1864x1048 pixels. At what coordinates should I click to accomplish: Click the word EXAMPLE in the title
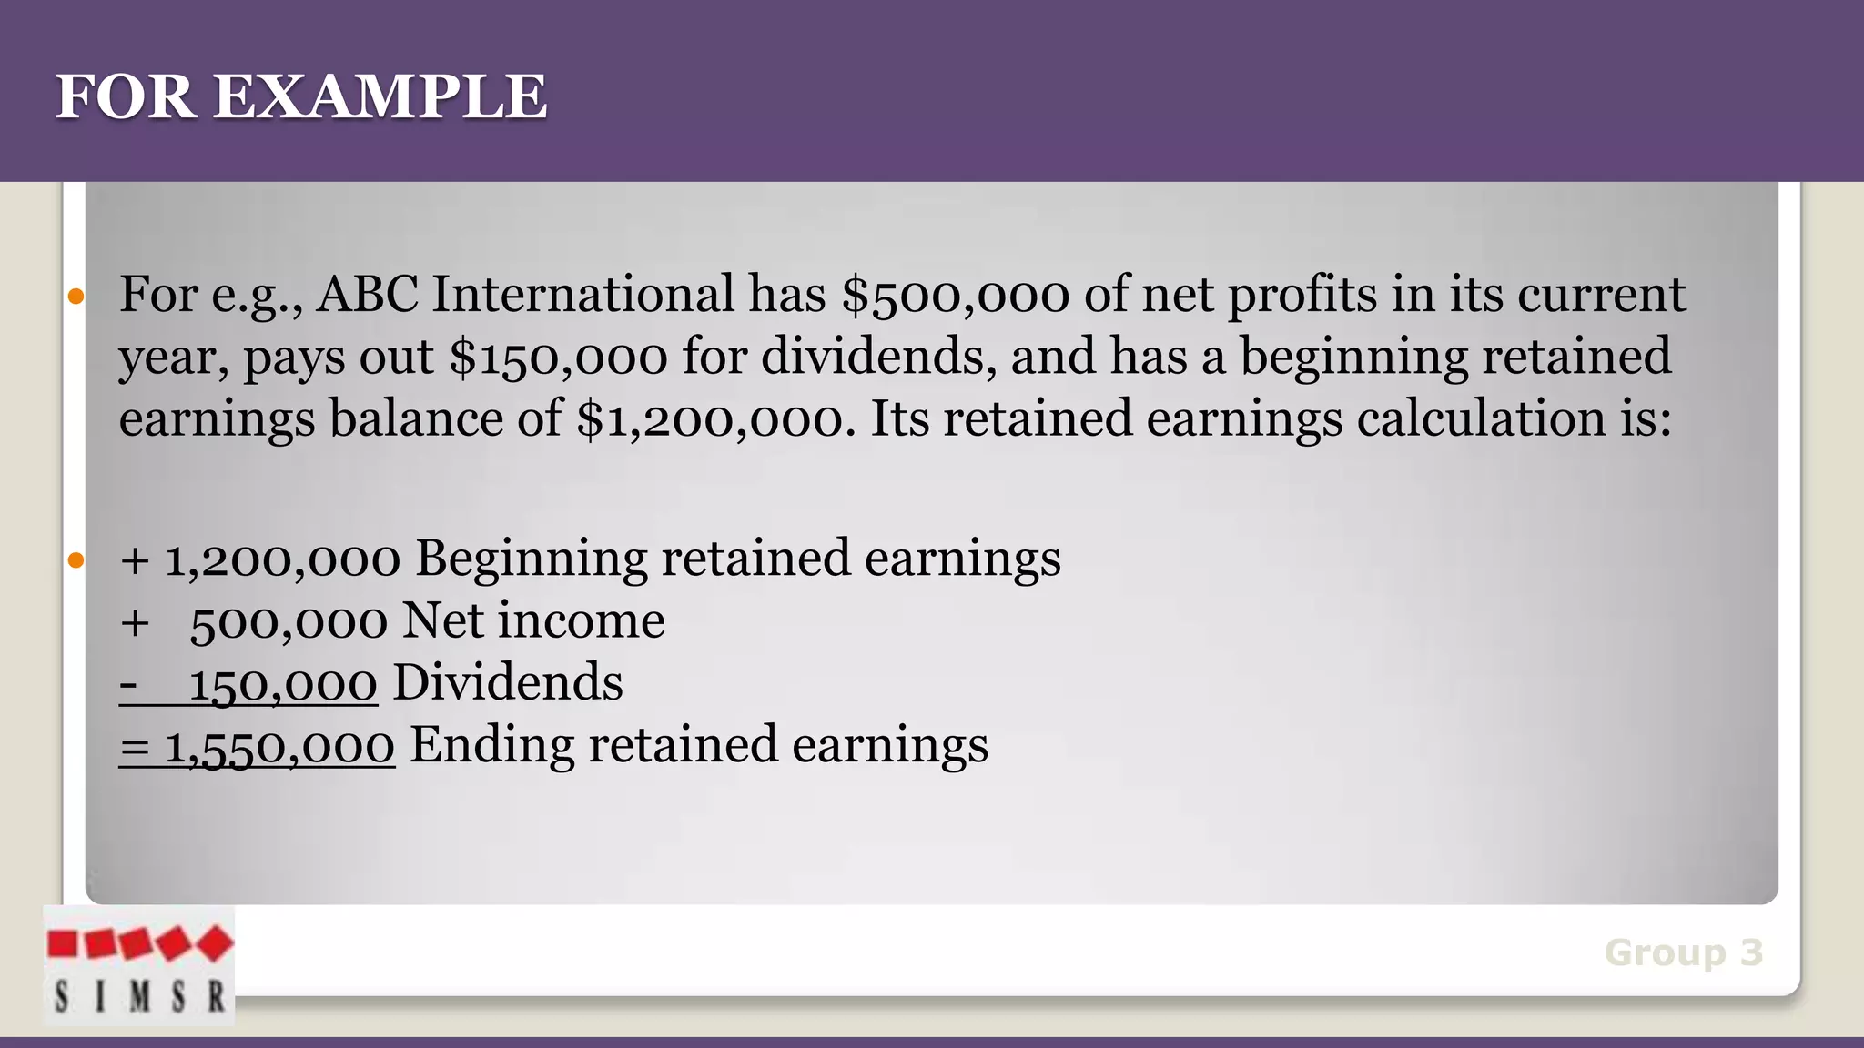tap(380, 96)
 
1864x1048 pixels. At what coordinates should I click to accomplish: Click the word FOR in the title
tap(126, 96)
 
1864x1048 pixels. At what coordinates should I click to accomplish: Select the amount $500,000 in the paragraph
tap(956, 296)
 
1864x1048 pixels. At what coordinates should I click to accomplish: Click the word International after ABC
tap(582, 295)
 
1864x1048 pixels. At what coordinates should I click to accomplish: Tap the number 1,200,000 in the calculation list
tap(282, 559)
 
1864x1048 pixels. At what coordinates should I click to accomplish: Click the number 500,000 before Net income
tap(289, 622)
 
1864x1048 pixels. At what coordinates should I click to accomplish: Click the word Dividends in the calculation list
tap(507, 682)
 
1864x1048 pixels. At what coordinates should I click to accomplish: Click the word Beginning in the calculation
tap(532, 559)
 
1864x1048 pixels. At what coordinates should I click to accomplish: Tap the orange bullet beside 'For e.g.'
tap(76, 297)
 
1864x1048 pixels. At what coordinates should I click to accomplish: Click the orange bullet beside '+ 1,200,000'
tap(76, 560)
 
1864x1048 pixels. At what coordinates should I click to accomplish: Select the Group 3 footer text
tap(1683, 952)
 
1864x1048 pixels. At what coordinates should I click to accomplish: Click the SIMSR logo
tap(138, 966)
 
